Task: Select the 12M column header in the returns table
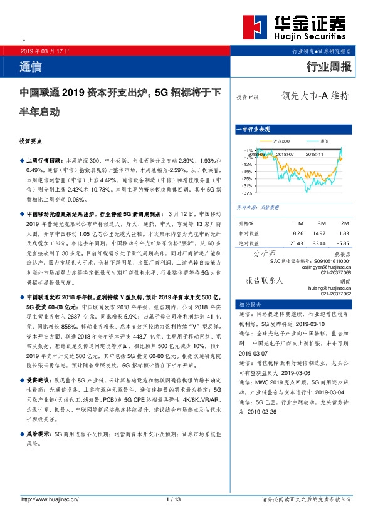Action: [x=343, y=223]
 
